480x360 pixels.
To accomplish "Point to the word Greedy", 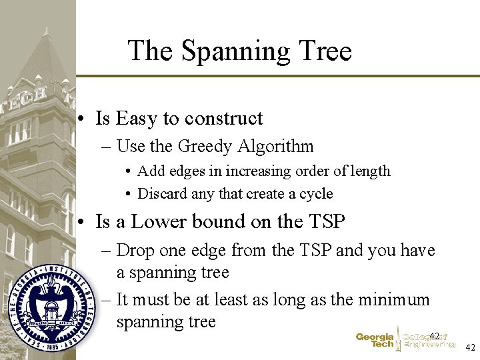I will [197, 146].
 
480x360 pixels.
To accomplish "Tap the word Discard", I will [160, 194].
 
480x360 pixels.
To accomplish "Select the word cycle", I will [315, 194].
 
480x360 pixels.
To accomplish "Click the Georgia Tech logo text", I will [375, 341].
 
